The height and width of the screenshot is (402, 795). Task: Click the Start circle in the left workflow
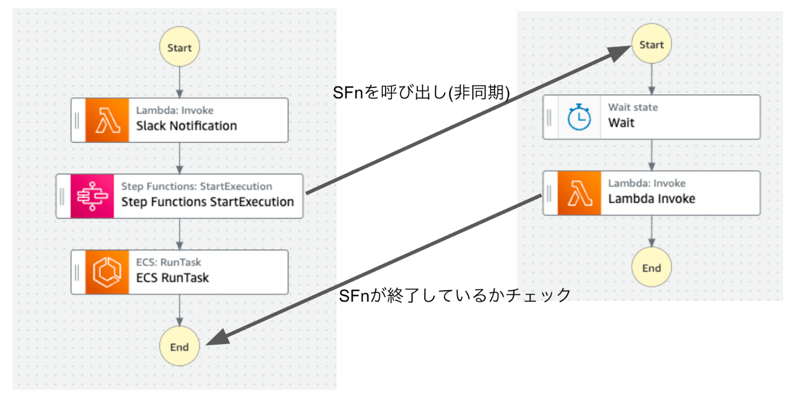coord(179,47)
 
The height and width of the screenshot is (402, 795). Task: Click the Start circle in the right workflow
coord(651,44)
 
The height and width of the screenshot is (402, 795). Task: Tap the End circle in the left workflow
coord(179,346)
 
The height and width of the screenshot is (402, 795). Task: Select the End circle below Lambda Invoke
coord(651,267)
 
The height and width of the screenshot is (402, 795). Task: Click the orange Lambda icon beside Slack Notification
coord(107,120)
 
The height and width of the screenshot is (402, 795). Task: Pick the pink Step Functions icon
coord(92,196)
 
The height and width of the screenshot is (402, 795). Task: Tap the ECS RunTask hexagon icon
coord(107,272)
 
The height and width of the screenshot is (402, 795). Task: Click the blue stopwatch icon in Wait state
coord(579,117)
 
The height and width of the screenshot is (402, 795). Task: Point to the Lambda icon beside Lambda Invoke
coord(579,193)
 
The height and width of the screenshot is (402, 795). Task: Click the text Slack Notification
coord(186,126)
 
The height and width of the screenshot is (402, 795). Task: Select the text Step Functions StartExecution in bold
coord(208,202)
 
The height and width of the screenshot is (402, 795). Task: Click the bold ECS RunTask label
coord(173,278)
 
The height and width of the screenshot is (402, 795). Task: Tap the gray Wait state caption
coord(633,107)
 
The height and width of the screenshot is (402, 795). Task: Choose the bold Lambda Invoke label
coord(652,199)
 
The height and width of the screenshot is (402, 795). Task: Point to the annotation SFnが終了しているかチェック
coord(455,296)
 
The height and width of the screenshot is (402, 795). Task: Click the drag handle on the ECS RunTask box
coord(77,273)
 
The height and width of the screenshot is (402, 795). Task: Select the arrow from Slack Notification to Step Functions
coord(179,158)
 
